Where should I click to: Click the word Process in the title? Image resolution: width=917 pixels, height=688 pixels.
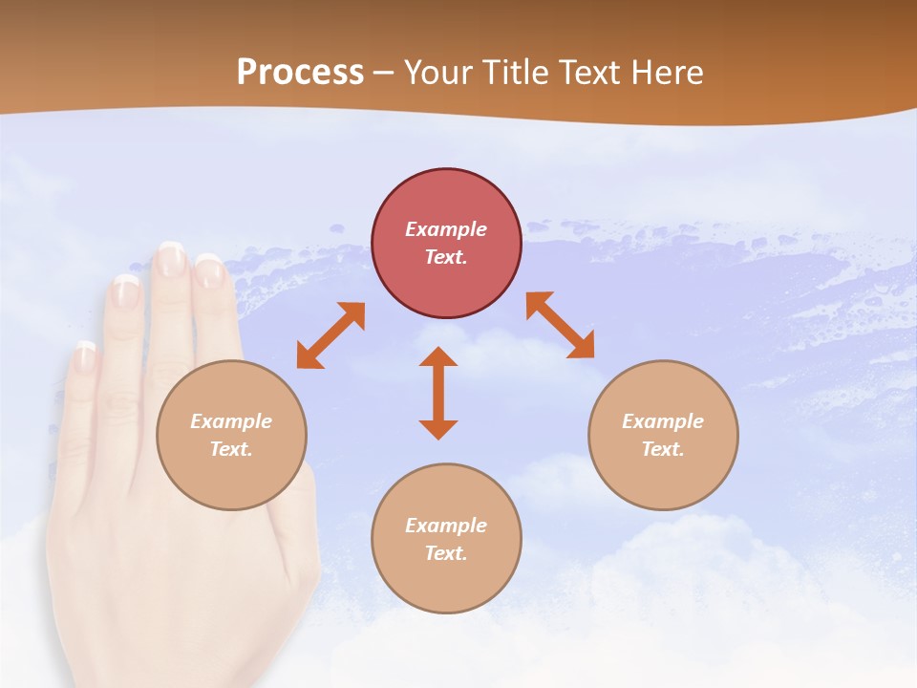point(300,73)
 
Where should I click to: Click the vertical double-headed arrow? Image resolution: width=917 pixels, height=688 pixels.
point(438,394)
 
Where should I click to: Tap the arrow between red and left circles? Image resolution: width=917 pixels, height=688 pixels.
point(331,335)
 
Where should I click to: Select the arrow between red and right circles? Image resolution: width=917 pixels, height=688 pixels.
point(560,325)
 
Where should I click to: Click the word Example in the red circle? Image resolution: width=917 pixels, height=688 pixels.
point(446,229)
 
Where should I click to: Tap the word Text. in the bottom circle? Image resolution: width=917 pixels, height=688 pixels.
point(446,553)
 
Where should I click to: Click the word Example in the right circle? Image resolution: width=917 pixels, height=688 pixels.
point(663,421)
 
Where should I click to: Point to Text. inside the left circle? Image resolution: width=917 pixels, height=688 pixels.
point(231,449)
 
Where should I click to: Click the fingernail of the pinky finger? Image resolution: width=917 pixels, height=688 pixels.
point(86,356)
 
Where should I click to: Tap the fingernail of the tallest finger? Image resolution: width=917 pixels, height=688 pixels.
point(171,259)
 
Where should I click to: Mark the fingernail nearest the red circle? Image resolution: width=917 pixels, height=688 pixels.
point(208,270)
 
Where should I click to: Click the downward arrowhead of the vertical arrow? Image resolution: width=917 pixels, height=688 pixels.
point(438,428)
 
